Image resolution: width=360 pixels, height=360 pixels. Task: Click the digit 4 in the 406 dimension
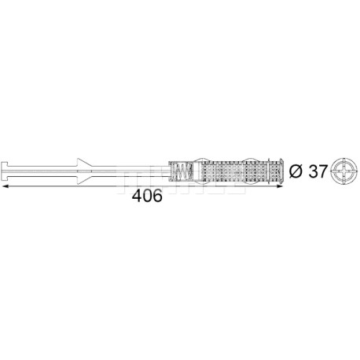(x=137, y=196)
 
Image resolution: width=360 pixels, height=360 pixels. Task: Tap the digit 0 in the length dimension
(x=147, y=196)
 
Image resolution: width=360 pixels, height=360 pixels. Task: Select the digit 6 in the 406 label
(x=157, y=196)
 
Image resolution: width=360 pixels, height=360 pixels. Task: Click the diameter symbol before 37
(x=296, y=171)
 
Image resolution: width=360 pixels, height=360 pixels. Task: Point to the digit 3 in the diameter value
(x=313, y=171)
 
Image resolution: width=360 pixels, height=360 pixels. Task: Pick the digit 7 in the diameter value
(x=323, y=171)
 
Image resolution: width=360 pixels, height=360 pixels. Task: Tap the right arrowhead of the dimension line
(x=280, y=186)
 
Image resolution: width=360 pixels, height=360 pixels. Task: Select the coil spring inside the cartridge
(x=182, y=171)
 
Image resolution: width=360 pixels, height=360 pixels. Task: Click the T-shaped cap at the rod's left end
(x=5, y=171)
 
